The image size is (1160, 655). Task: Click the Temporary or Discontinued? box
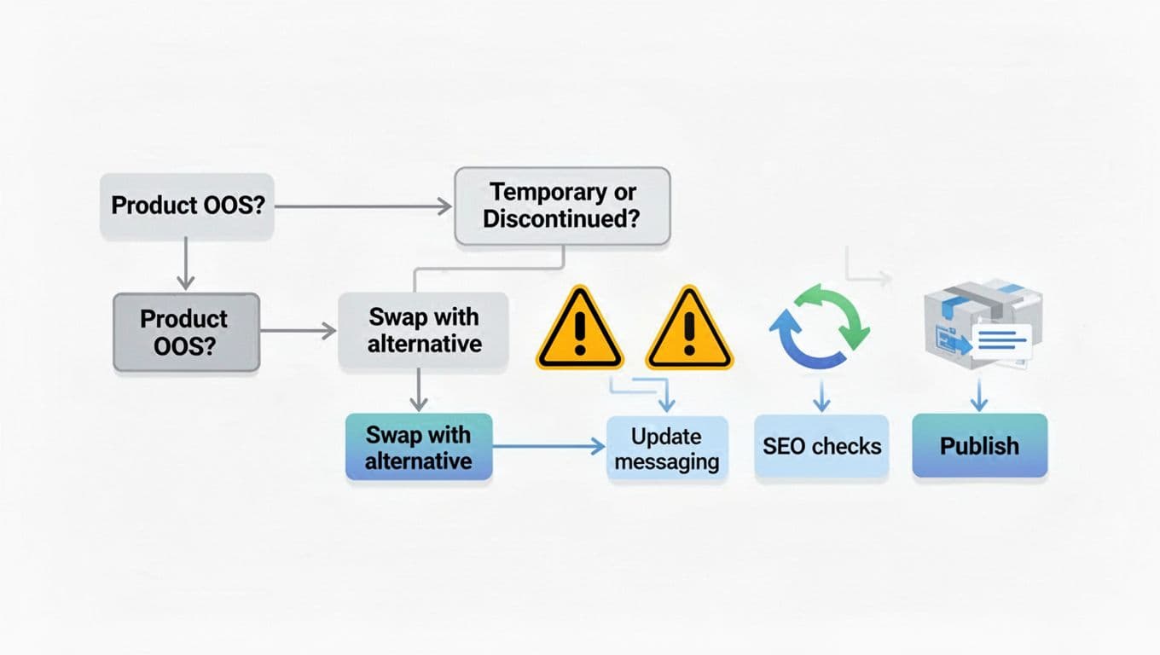coord(562,206)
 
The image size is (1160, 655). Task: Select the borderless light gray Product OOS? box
coord(187,206)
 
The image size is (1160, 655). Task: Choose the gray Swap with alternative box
coord(424,330)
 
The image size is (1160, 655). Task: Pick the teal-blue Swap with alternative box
coord(418,447)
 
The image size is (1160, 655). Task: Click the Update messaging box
coord(667,449)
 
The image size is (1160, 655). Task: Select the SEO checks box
coord(821,446)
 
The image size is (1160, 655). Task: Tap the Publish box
coord(979,445)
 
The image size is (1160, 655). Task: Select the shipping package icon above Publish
coord(981,324)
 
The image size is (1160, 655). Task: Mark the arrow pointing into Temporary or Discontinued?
coord(362,206)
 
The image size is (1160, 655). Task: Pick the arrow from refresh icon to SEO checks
coord(821,397)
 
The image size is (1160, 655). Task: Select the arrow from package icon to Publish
coord(979,396)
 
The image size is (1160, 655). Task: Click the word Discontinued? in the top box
coord(562,218)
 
